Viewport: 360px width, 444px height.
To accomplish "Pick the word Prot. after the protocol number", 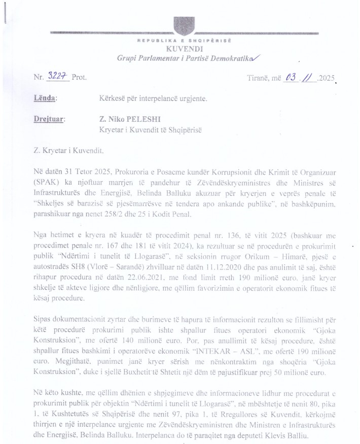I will click(79, 78).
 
